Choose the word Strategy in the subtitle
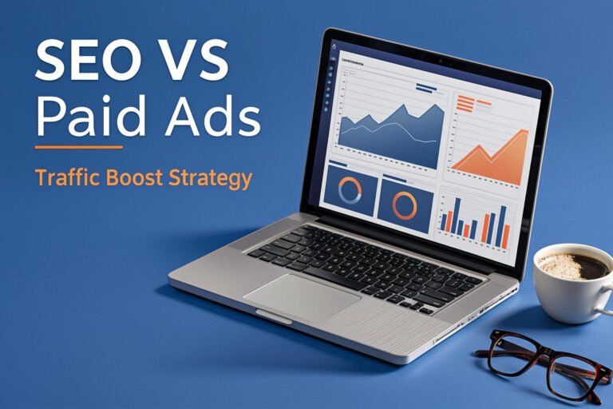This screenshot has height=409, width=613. coord(212,177)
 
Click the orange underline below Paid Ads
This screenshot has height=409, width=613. coord(79,147)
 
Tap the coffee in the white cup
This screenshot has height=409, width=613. coord(571,265)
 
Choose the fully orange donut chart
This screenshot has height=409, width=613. coord(405,205)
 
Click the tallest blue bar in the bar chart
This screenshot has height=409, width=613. coord(504,227)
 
